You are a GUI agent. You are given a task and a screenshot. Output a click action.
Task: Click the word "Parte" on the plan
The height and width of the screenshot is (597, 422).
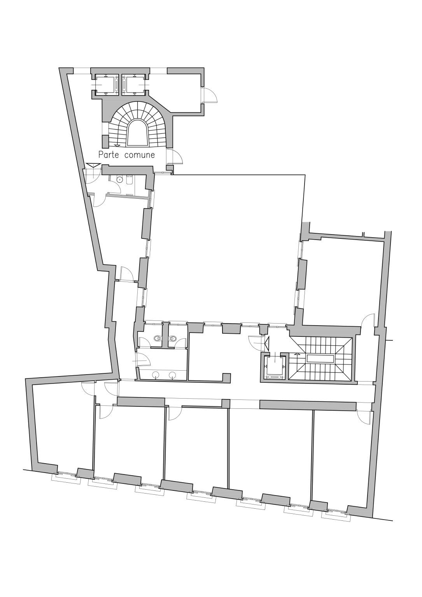point(109,155)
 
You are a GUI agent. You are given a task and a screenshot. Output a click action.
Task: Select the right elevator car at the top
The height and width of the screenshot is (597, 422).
point(134,84)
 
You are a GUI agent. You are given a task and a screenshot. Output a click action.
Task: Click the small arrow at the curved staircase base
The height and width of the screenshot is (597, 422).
point(117,145)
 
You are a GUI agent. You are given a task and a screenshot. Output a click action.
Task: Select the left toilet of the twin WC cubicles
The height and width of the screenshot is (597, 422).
point(157,339)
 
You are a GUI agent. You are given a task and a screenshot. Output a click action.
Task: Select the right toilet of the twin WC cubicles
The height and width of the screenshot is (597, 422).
point(173,339)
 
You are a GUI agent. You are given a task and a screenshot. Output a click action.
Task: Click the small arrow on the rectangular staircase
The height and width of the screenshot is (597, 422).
point(297,354)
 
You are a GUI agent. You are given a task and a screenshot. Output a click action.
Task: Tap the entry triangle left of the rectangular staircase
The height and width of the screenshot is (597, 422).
point(267,344)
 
